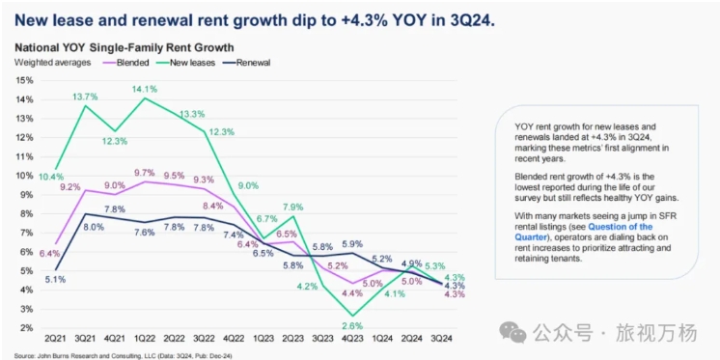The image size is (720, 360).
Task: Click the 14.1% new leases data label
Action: tap(146, 89)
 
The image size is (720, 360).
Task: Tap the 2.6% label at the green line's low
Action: tap(353, 326)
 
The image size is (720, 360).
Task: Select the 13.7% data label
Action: tap(86, 97)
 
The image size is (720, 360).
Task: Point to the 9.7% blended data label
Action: tap(146, 173)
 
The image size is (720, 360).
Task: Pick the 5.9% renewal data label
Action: tap(352, 243)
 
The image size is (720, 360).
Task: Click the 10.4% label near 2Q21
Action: tap(51, 177)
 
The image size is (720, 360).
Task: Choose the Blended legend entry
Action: tap(124, 63)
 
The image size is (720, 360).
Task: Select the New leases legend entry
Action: tap(187, 63)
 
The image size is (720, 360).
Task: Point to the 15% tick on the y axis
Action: tap(26, 80)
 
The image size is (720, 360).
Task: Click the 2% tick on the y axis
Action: tap(28, 328)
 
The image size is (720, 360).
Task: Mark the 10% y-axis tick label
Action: tap(26, 176)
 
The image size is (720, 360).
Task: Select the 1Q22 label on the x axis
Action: tap(146, 339)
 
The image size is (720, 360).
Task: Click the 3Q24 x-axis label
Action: tap(443, 339)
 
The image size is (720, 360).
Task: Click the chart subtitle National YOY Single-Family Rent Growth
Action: tap(125, 47)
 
